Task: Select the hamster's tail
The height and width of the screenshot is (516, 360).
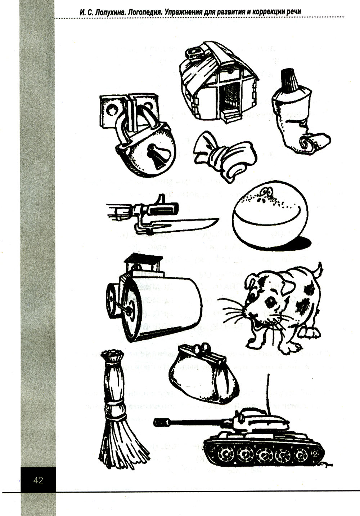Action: (319, 270)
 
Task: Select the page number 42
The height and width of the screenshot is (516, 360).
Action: (38, 480)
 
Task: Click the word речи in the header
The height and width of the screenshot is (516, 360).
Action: (293, 12)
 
